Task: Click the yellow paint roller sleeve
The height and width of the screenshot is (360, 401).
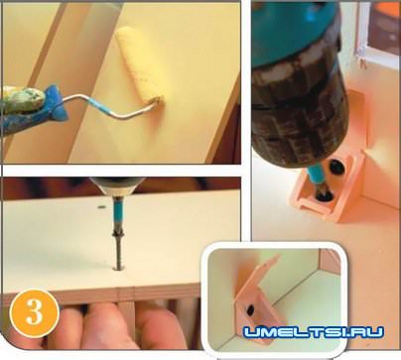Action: (x=139, y=64)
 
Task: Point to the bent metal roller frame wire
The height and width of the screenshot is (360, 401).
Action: (x=111, y=106)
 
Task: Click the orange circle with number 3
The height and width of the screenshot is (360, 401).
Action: (x=35, y=313)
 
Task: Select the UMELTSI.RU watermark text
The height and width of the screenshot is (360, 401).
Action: (x=313, y=331)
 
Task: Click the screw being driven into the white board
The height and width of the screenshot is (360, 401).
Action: (x=119, y=252)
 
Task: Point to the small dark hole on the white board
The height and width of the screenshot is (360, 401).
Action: (x=101, y=207)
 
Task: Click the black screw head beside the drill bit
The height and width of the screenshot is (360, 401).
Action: (x=336, y=167)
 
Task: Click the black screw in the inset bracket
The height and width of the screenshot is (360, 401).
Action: (x=250, y=309)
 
